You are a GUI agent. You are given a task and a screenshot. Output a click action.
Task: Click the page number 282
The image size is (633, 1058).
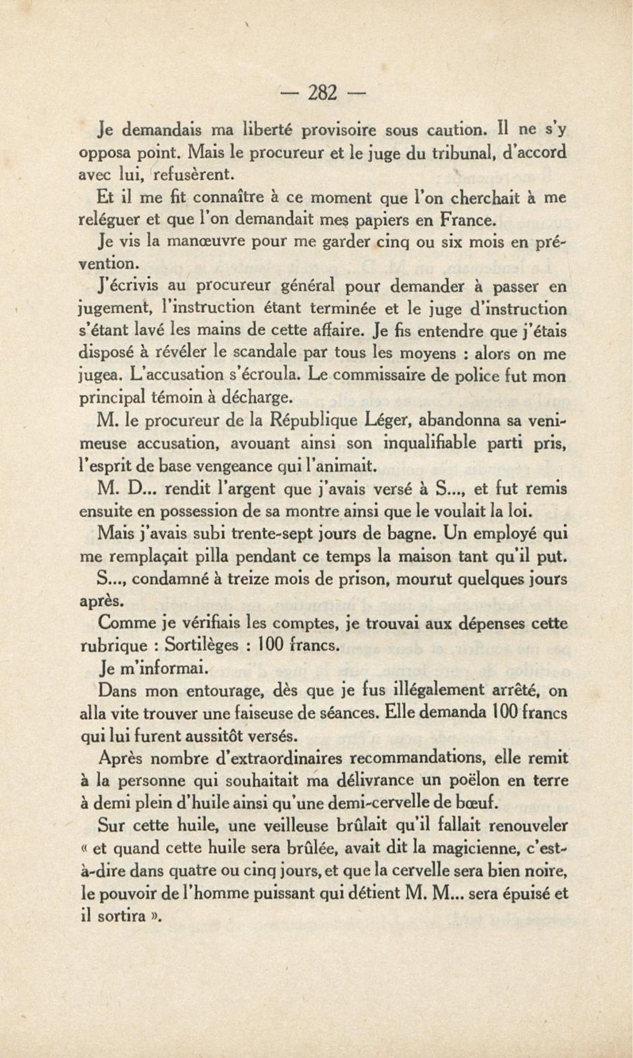tap(322, 93)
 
